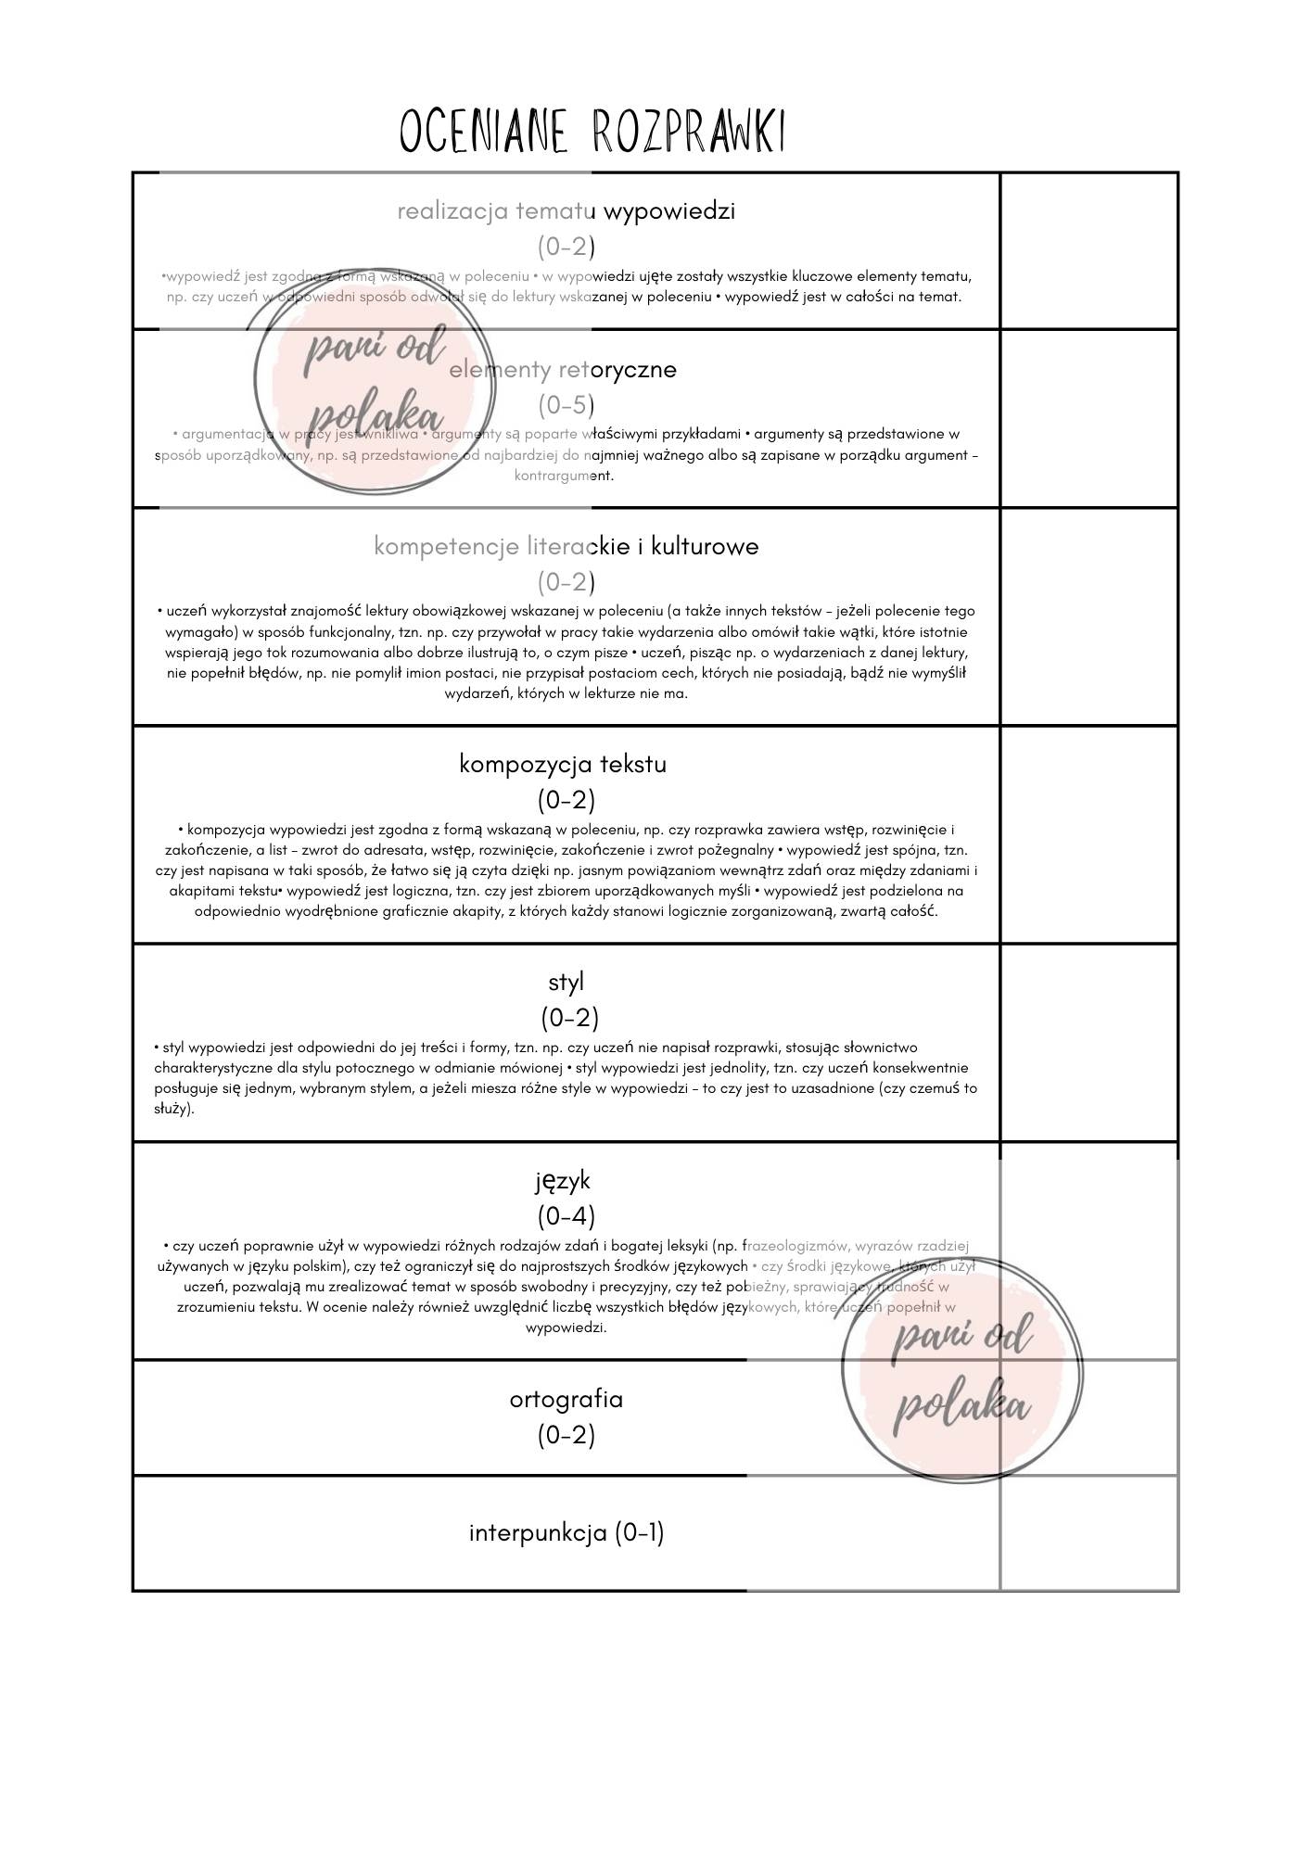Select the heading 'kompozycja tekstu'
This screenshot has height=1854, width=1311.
pos(563,765)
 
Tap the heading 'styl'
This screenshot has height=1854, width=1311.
pos(566,981)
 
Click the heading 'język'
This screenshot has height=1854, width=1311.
pos(563,1181)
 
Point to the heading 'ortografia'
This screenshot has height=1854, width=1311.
pos(566,1399)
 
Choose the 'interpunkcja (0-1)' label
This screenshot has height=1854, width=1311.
pos(566,1533)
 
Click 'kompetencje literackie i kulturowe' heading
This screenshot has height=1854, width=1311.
pos(566,547)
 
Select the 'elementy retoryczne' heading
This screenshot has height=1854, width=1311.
pos(563,370)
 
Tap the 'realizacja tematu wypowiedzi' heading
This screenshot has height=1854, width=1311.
pos(566,211)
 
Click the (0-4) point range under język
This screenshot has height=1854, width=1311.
pos(566,1215)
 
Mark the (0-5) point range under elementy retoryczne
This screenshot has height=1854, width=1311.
pos(566,405)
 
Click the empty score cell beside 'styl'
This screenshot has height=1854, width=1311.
pos(1088,1043)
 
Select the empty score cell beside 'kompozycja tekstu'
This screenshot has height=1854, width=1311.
pos(1088,834)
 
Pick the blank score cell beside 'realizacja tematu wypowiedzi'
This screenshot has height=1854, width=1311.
pos(1088,250)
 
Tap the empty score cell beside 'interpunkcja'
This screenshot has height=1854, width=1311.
pos(1088,1533)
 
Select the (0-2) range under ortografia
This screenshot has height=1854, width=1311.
pos(566,1435)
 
